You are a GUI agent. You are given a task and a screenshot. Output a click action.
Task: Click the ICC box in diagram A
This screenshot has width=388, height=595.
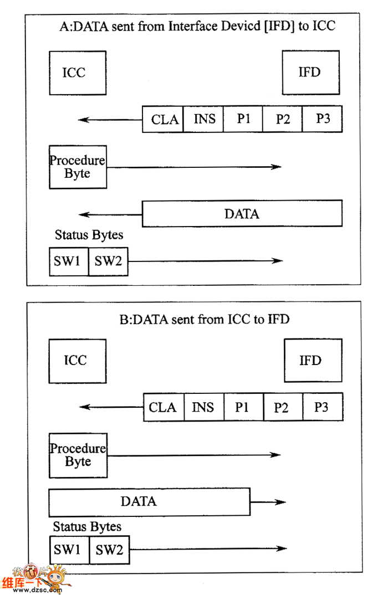tap(78, 73)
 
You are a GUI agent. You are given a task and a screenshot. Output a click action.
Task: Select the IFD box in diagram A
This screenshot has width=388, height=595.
tap(310, 73)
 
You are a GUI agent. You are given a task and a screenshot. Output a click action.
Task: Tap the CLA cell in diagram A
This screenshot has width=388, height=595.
tap(163, 119)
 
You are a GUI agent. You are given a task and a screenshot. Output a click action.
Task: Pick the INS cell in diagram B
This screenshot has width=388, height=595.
tap(204, 407)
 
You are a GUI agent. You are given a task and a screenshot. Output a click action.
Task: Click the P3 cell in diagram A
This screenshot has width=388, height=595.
tap(323, 119)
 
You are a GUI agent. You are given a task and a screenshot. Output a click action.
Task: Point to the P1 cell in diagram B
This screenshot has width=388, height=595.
tap(243, 407)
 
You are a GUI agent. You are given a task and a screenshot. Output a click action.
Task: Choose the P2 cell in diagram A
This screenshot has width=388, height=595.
tap(283, 119)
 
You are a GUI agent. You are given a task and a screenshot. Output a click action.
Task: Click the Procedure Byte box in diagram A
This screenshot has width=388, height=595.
tap(78, 167)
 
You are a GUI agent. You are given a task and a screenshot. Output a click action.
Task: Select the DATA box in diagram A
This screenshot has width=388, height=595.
tap(242, 214)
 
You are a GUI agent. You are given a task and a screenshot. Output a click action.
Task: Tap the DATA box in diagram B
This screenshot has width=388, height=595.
tap(150, 502)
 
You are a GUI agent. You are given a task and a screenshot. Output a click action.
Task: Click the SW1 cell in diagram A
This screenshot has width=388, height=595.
tap(69, 261)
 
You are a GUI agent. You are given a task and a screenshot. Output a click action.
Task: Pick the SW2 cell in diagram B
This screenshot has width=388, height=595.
tap(109, 550)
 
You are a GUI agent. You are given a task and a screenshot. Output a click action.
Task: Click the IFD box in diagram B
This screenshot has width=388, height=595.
tap(313, 361)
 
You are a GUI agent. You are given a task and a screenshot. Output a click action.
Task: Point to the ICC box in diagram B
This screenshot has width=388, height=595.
tap(78, 361)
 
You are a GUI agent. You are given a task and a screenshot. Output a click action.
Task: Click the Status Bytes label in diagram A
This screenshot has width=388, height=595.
tap(89, 235)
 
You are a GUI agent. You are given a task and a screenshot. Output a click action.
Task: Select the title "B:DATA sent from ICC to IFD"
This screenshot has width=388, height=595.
tap(204, 319)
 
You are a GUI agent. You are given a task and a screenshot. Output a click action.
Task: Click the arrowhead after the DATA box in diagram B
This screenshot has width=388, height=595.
tap(281, 502)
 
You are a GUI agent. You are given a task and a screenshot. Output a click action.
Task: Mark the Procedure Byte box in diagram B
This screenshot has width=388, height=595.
tap(78, 455)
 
